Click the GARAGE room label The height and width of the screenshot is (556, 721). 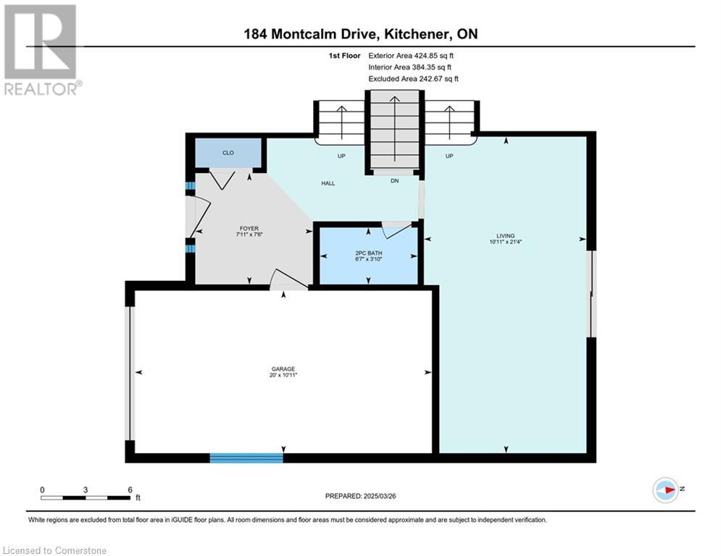(283, 369)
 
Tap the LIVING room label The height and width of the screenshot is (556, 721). (505, 236)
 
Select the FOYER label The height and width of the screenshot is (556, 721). (249, 228)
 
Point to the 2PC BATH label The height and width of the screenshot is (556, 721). (369, 253)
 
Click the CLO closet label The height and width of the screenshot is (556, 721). (228, 153)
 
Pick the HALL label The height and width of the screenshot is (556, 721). (328, 183)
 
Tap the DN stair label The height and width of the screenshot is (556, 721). (394, 181)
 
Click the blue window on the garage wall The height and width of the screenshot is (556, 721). (246, 458)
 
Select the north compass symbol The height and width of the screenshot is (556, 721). (665, 490)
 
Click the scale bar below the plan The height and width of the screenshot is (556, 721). (86, 497)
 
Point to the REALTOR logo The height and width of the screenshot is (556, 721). (42, 50)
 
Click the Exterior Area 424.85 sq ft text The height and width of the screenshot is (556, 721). (411, 56)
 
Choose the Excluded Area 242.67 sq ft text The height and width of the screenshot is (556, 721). (413, 79)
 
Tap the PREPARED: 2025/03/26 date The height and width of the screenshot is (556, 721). (361, 496)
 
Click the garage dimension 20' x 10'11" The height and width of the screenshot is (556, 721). (283, 375)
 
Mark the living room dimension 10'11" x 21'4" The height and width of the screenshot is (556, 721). (505, 242)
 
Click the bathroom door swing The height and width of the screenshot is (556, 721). (396, 229)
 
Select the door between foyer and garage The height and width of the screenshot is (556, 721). (288, 279)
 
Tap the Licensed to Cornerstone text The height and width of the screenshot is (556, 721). (54, 550)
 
